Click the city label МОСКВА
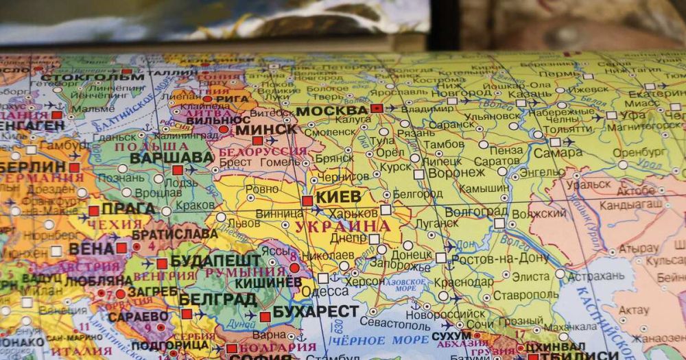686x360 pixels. coord(332,110)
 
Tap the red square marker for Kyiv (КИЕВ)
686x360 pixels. coord(307,201)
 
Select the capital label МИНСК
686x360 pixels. coord(266,129)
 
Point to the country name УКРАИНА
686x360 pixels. coord(342,226)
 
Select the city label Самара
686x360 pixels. coord(557,153)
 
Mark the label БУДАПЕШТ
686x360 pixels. coord(215,261)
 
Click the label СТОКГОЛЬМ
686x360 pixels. coord(92,76)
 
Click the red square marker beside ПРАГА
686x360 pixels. coord(93,211)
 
